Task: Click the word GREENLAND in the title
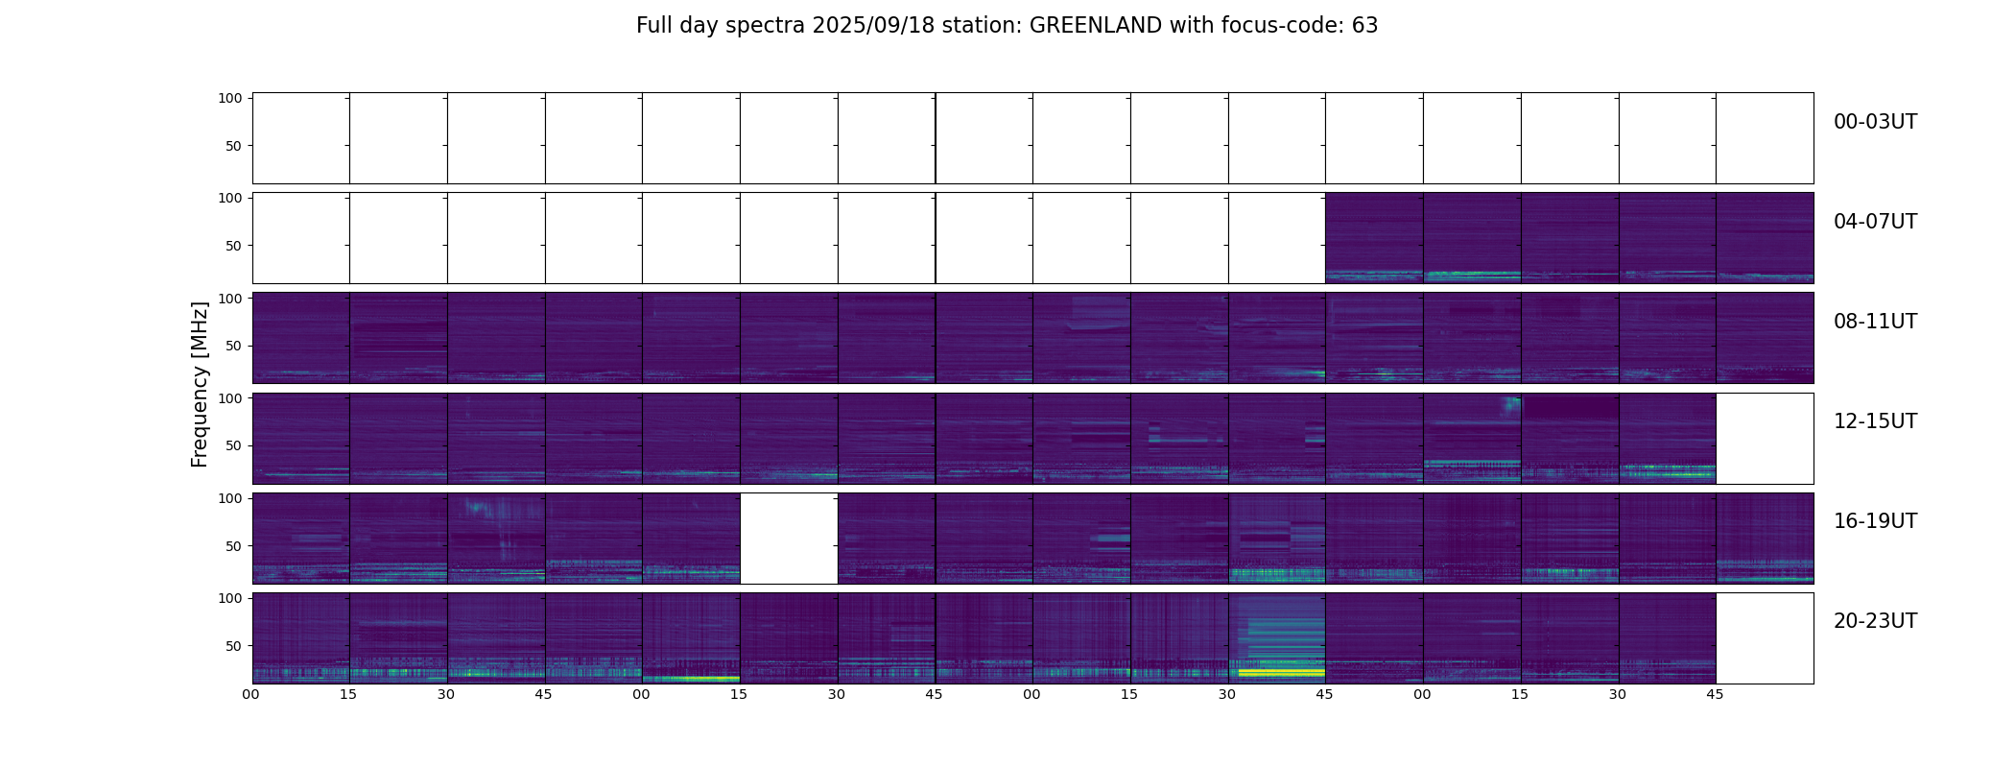(x=1096, y=26)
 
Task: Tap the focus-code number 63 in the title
(x=1364, y=26)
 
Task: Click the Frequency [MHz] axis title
(x=200, y=384)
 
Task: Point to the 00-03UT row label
(x=1875, y=123)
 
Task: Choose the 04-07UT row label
(x=1875, y=223)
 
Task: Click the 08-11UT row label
(x=1875, y=323)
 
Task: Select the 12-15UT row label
(x=1875, y=422)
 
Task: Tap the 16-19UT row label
(x=1875, y=522)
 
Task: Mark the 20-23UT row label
(x=1875, y=622)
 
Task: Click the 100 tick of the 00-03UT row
(x=230, y=98)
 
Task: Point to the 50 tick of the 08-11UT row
(x=233, y=346)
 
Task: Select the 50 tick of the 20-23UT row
(x=233, y=646)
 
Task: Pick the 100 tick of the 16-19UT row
(x=230, y=498)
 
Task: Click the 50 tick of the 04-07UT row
(x=233, y=246)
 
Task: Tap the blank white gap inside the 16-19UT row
(x=789, y=539)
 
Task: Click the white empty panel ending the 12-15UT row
(x=1764, y=439)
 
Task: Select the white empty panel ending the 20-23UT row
(x=1764, y=638)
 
